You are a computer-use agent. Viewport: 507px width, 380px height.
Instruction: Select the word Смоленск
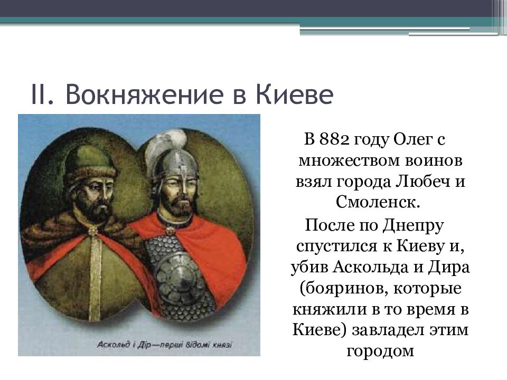(378, 202)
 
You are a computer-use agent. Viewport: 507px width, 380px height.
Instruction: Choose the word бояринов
(339, 289)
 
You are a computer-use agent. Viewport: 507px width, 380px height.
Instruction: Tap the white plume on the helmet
(164, 149)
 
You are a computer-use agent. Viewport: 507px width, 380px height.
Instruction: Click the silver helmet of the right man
(176, 168)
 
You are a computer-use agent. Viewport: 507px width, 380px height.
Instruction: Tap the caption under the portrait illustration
(164, 345)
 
